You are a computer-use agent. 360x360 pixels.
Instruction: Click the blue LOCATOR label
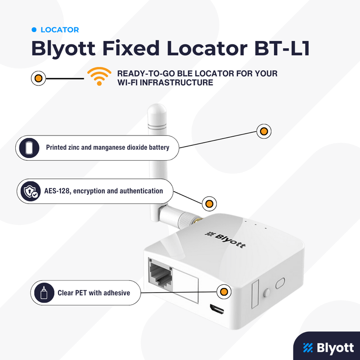coord(60,30)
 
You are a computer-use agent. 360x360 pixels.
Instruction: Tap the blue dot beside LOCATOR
coord(34,30)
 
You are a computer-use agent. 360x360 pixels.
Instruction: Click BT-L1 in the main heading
coord(282,48)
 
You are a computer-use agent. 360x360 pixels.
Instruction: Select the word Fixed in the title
coord(130,48)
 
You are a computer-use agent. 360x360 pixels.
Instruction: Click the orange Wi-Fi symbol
coord(99,76)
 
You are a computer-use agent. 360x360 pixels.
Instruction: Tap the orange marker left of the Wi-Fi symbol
coord(38,78)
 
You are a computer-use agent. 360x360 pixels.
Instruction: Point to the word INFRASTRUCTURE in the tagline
coord(176,82)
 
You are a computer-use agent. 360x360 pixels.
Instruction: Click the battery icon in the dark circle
coord(29,148)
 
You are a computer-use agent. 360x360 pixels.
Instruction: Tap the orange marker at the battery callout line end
coord(264,131)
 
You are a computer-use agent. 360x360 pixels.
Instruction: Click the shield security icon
coord(31,191)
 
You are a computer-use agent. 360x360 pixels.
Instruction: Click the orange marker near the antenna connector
coord(209,203)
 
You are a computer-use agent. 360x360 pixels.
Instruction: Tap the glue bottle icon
coord(44,293)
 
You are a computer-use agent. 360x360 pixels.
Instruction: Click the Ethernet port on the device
coord(161,274)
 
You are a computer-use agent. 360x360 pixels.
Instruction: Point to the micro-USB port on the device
coord(217,309)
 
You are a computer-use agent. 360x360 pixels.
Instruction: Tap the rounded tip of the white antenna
coord(157,109)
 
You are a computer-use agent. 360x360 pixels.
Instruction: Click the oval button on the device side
coord(280,283)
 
